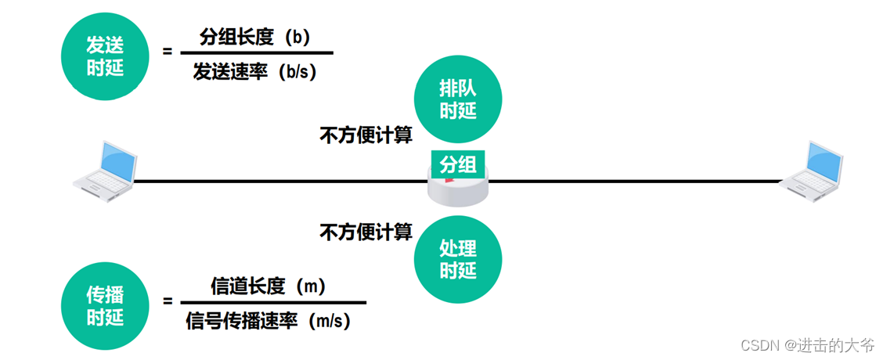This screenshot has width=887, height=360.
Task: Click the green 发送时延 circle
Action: pos(105,58)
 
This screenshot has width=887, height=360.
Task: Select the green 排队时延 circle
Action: pos(457,101)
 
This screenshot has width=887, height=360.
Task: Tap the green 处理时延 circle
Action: pos(457,259)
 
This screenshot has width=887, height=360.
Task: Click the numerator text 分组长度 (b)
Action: pos(255,37)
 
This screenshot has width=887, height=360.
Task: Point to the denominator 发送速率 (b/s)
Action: pos(255,72)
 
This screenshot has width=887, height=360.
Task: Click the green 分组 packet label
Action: pos(457,165)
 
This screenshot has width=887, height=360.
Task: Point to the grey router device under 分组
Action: pos(457,190)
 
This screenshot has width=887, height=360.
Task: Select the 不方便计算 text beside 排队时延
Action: pos(366,135)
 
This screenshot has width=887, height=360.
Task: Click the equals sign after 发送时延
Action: pos(167,52)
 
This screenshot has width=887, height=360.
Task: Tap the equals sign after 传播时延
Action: pos(167,301)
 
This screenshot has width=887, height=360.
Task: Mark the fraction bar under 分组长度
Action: pos(256,54)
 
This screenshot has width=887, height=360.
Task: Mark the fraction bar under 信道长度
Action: pos(273,302)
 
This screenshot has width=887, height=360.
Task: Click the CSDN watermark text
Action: pos(808,345)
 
